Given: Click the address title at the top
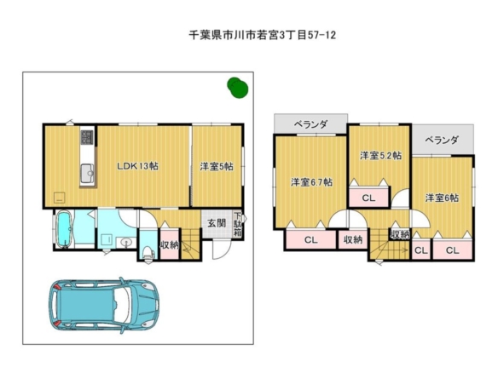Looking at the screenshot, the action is [263, 35].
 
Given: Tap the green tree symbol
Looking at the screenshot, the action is [238, 88].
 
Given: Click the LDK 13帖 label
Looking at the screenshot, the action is [137, 166].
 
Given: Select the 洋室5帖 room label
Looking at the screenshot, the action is [217, 166].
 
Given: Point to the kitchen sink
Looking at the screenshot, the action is [87, 174].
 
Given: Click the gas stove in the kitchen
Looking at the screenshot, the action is [87, 137].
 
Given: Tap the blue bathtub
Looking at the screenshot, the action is [64, 229].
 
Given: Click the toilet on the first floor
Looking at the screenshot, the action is [148, 254].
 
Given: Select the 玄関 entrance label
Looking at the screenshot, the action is [217, 223].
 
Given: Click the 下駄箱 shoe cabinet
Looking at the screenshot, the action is [238, 224].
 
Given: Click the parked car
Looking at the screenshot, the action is [104, 306].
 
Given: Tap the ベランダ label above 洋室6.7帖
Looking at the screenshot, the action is [310, 124].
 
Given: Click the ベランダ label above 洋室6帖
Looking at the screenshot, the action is [442, 140].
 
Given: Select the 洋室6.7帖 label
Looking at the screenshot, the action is [311, 182].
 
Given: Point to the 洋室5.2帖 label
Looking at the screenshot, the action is [380, 155].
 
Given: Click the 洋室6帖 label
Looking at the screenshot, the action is [442, 198].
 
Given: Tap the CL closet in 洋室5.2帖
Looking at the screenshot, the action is [368, 198].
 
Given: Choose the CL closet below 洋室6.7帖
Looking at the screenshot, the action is [310, 240].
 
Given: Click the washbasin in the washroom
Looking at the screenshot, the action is [126, 243].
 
